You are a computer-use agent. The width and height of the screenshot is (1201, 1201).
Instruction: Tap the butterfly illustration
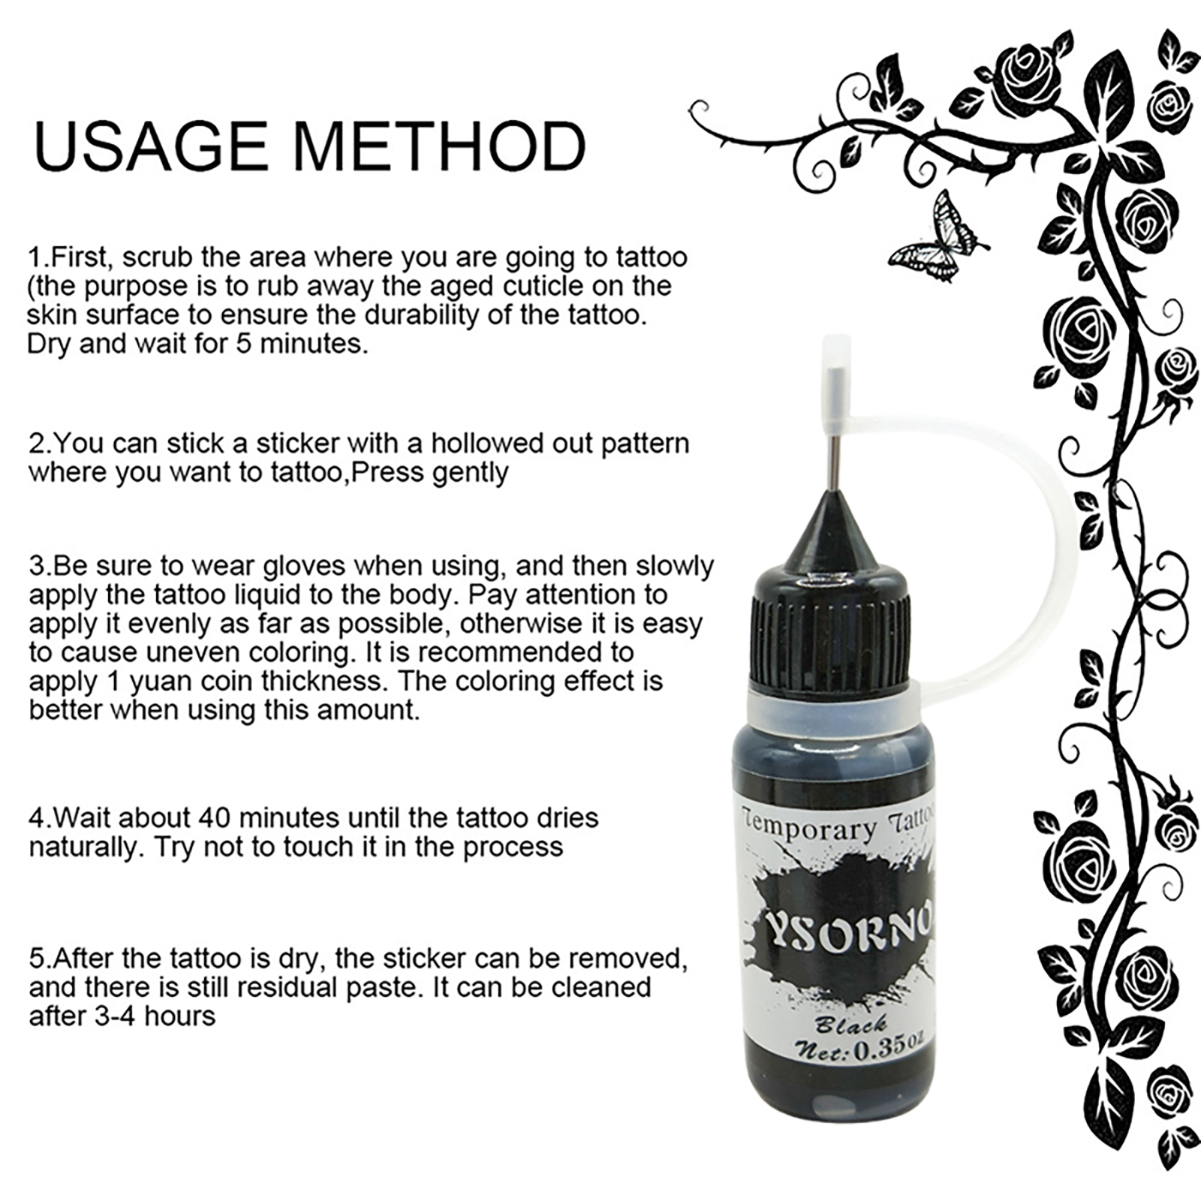click(939, 236)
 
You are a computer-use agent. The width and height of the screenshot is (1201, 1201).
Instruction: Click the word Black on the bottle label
click(851, 1023)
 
